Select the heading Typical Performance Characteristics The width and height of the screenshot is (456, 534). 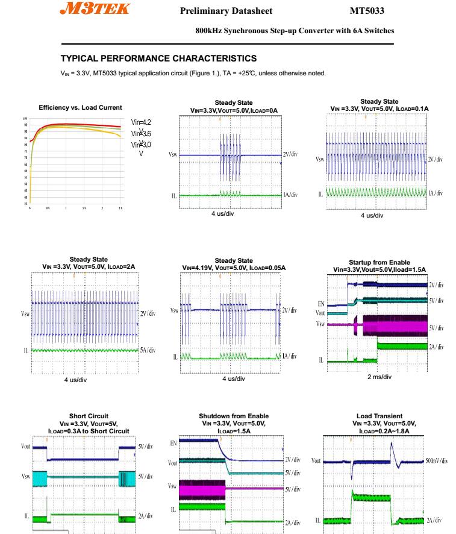pos(159,59)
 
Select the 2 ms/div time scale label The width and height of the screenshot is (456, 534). pos(379,377)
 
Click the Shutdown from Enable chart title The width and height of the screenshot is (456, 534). pos(234,416)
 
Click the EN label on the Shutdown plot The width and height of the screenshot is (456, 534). pos(174,443)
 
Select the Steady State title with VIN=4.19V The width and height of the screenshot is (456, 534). pos(234,260)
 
